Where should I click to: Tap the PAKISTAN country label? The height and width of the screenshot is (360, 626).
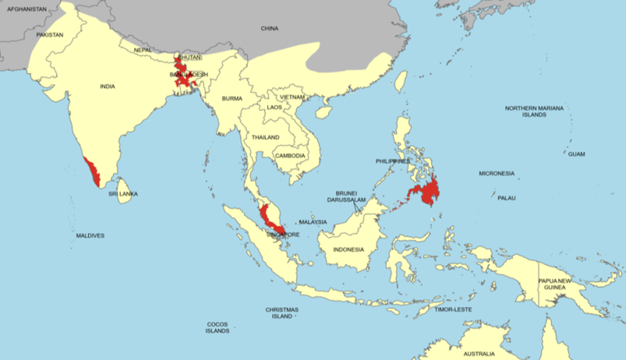pos(50,35)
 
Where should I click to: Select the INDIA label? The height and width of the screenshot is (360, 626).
pos(107,86)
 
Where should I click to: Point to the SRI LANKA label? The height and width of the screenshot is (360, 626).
pos(124,194)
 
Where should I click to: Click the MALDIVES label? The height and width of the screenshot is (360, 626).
pos(90,236)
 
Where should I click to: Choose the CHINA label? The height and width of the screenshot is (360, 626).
pos(269,29)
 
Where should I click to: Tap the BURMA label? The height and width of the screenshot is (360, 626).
pos(232,99)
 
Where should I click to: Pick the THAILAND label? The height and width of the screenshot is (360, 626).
pos(266,137)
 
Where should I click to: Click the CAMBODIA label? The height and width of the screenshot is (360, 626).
pos(290,156)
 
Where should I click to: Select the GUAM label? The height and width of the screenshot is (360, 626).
pos(576,154)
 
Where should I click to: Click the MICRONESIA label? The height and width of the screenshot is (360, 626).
pos(496,173)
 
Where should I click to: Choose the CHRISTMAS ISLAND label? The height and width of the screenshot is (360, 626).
pos(281,313)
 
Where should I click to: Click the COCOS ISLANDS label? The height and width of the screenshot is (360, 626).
pos(217,327)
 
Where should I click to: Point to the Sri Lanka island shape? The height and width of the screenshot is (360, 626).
pos(124,181)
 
